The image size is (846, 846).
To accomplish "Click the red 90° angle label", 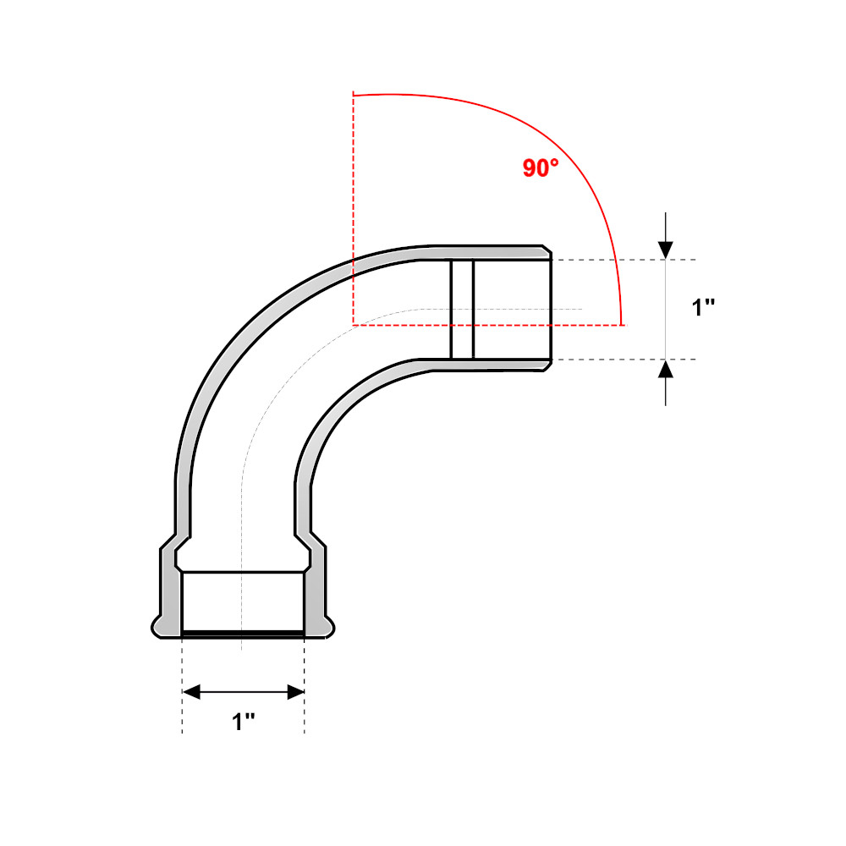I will [x=541, y=168].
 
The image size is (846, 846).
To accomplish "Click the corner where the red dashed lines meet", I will [x=353, y=324].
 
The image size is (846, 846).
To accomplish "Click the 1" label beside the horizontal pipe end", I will [x=704, y=308].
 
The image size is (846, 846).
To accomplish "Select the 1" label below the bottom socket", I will [x=244, y=722].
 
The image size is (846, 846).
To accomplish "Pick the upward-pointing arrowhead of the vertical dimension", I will [x=666, y=369].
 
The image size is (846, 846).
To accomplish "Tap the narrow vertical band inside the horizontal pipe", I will [x=462, y=309].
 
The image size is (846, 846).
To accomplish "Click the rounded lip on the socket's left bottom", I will [x=157, y=627].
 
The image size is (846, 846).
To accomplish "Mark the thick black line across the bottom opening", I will [x=244, y=632].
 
